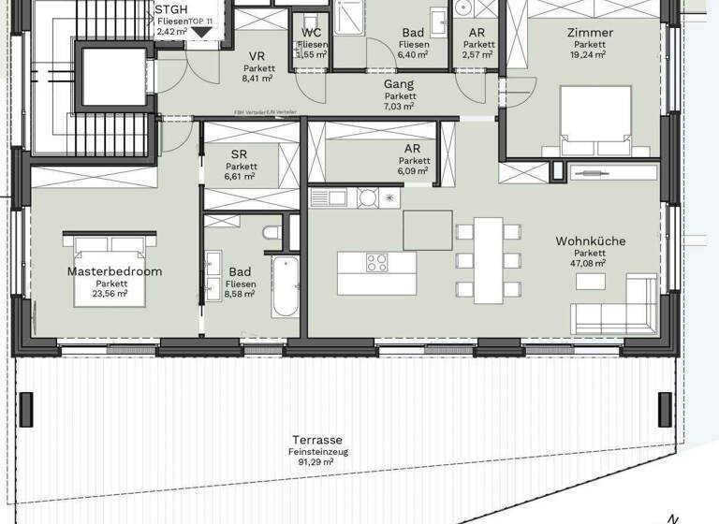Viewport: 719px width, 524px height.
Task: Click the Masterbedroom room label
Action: pyautogui.click(x=114, y=271)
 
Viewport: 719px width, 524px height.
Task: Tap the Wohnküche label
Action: pyautogui.click(x=590, y=241)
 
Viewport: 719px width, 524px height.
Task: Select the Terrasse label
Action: pyautogui.click(x=316, y=440)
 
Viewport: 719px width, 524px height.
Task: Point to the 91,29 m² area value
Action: pyautogui.click(x=316, y=462)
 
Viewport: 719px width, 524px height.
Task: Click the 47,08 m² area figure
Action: pyautogui.click(x=590, y=264)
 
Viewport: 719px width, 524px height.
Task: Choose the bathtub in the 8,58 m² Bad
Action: pyautogui.click(x=285, y=284)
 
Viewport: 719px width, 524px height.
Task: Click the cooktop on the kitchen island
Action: pyautogui.click(x=377, y=262)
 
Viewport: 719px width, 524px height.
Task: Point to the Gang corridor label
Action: pyautogui.click(x=400, y=84)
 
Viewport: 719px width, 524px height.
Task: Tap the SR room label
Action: pyautogui.click(x=241, y=153)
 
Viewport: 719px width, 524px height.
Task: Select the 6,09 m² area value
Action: pyautogui.click(x=413, y=171)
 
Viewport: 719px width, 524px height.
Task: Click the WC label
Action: pyautogui.click(x=312, y=33)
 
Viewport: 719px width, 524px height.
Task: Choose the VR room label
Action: pyautogui.click(x=257, y=56)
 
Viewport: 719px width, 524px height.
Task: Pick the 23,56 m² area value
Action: pyautogui.click(x=111, y=293)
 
